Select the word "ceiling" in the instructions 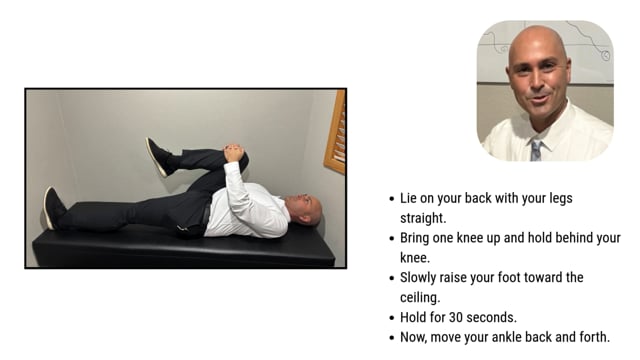tap(423, 297)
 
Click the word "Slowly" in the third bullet tap(422, 277)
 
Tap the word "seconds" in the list tap(494, 317)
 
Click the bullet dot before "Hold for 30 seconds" tap(391, 318)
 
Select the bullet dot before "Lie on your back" tap(391, 199)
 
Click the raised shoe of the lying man tap(157, 156)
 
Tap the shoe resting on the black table tap(53, 208)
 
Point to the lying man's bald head tap(308, 209)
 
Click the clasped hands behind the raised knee tap(233, 154)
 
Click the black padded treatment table tap(180, 247)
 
